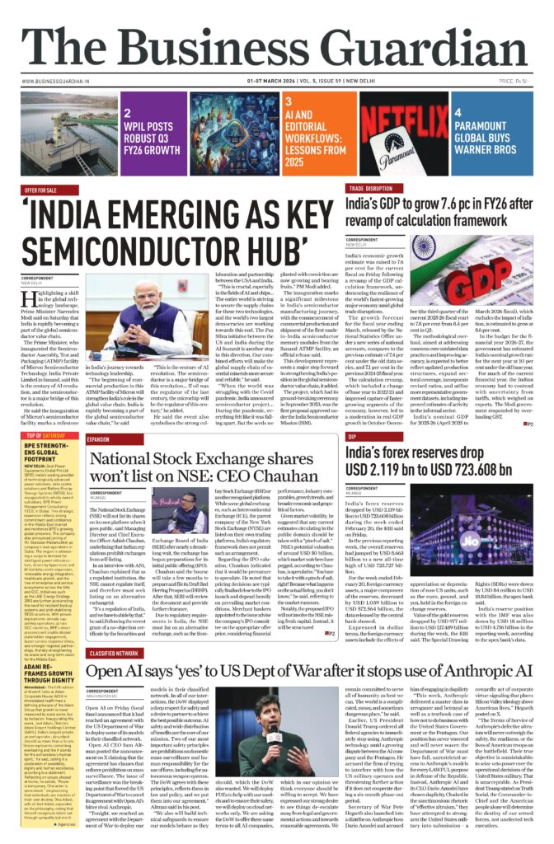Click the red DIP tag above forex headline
pos(352,437)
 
